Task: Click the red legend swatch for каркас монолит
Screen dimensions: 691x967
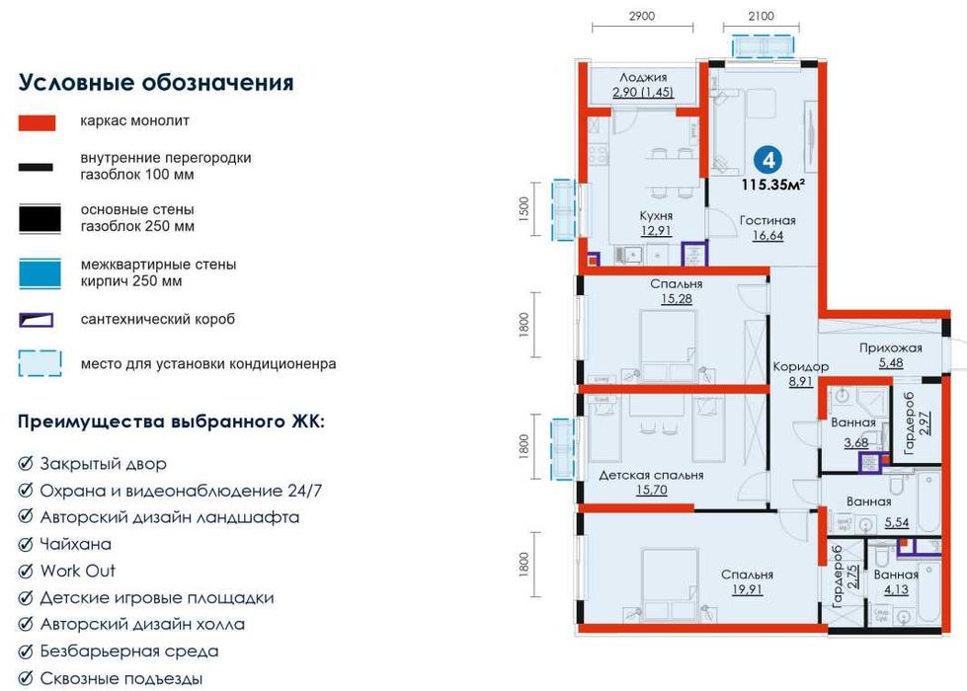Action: pyautogui.click(x=40, y=121)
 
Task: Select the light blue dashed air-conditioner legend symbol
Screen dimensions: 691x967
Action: pyautogui.click(x=40, y=363)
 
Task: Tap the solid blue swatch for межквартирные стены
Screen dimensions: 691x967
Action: pyautogui.click(x=40, y=272)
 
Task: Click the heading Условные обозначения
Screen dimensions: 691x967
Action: pyautogui.click(x=156, y=82)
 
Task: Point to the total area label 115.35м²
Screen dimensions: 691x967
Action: pyautogui.click(x=773, y=184)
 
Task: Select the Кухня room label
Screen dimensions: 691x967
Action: pyautogui.click(x=656, y=214)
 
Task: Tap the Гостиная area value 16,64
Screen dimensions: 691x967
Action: pyautogui.click(x=768, y=236)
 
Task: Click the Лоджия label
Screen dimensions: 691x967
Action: pyautogui.click(x=643, y=77)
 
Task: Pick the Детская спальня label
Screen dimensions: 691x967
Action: pyautogui.click(x=651, y=475)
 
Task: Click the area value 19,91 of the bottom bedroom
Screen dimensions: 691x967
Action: pyautogui.click(x=746, y=590)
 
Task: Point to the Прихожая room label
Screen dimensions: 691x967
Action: pyautogui.click(x=890, y=347)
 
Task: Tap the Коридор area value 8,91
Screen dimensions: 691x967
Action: pyautogui.click(x=801, y=381)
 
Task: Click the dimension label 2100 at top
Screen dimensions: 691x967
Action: pyautogui.click(x=761, y=16)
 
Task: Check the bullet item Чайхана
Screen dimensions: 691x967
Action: pyautogui.click(x=75, y=544)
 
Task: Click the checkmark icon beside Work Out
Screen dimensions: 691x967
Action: pyautogui.click(x=26, y=571)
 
